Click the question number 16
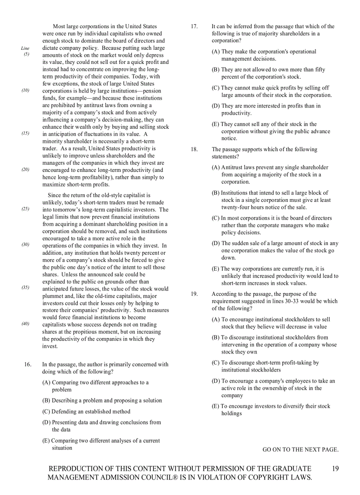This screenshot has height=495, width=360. (27, 365)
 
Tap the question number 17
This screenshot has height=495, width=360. (194, 26)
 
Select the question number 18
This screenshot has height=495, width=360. (194, 149)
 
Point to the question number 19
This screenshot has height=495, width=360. (194, 294)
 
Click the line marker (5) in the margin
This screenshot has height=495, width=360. (26, 55)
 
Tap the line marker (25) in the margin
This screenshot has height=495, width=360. (26, 209)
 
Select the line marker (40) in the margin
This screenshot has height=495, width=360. (26, 324)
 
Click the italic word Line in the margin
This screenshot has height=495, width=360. (25, 48)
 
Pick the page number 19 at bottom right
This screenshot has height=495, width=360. (335, 469)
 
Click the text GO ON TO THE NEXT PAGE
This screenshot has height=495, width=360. (300, 450)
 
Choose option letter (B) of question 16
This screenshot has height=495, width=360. (46, 401)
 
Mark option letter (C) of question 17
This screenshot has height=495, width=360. (216, 88)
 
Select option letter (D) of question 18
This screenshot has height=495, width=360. (216, 243)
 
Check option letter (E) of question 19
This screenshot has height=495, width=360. (216, 406)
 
